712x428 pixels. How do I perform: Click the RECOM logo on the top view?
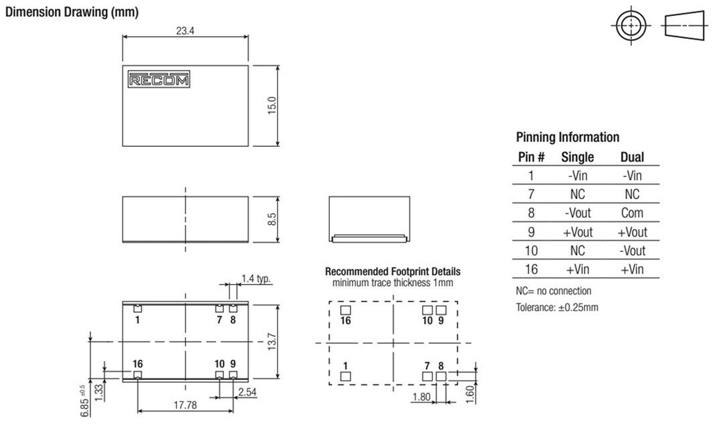159,79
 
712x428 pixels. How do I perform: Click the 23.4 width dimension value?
185,31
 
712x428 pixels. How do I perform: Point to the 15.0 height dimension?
272,105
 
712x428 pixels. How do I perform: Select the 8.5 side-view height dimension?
272,219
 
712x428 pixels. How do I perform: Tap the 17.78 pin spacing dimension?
185,404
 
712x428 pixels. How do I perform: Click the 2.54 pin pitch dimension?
248,392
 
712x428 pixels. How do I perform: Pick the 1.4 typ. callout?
256,278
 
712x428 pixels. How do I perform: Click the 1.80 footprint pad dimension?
421,397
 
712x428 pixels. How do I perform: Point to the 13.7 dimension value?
272,341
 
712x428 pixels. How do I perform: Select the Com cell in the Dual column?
632,213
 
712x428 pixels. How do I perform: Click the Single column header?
577,157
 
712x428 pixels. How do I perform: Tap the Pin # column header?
531,157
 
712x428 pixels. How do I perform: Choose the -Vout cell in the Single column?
578,213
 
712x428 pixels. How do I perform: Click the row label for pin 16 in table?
531,269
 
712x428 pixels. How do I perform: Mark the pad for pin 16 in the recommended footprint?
346,310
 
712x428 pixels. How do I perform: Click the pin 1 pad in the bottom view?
138,308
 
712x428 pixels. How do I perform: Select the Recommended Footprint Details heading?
393,271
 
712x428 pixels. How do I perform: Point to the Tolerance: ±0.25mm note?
557,307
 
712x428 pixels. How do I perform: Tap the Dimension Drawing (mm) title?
72,12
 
